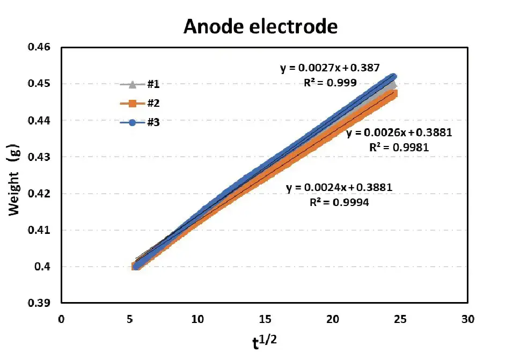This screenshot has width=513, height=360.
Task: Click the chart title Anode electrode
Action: point(260,26)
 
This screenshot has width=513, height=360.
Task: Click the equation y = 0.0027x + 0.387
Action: point(330,68)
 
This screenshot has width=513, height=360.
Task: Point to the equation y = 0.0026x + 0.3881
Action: point(399,133)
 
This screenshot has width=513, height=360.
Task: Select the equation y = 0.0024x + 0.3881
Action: point(339,188)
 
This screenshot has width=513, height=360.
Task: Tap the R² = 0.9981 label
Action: point(399,148)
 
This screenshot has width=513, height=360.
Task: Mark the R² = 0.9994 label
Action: point(338,203)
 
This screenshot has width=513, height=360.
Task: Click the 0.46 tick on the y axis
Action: point(38,48)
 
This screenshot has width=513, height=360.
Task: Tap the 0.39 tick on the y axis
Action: point(38,303)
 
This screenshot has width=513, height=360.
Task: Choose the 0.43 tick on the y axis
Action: point(38,157)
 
